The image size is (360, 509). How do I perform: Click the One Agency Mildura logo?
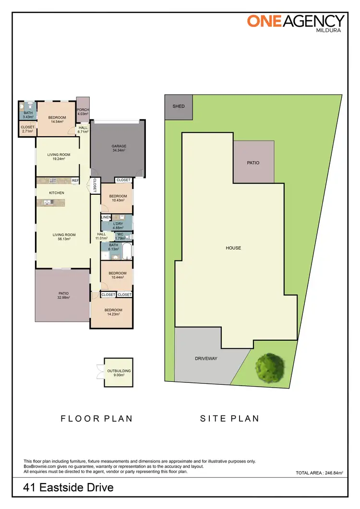point(296,23)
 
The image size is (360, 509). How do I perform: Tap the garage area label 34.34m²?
point(119,151)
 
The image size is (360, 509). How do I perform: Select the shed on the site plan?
point(179,107)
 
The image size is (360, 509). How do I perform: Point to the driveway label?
point(206,359)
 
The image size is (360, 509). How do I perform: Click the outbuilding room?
point(119,373)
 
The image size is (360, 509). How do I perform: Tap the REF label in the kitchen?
point(75,181)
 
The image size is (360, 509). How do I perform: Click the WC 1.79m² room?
point(120,236)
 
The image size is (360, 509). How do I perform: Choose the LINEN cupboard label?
point(106,218)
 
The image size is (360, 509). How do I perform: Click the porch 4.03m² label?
point(83,112)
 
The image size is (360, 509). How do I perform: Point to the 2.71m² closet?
point(27,129)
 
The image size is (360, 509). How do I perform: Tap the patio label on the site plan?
point(253,163)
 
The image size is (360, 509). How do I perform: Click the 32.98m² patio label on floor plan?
point(63,296)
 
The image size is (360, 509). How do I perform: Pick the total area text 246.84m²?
point(319,473)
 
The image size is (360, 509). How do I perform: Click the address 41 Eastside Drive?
point(69,488)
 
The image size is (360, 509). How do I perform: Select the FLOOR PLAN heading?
point(96,418)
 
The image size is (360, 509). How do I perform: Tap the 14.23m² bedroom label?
point(113,312)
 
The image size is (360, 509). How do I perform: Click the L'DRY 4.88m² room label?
point(118,226)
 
